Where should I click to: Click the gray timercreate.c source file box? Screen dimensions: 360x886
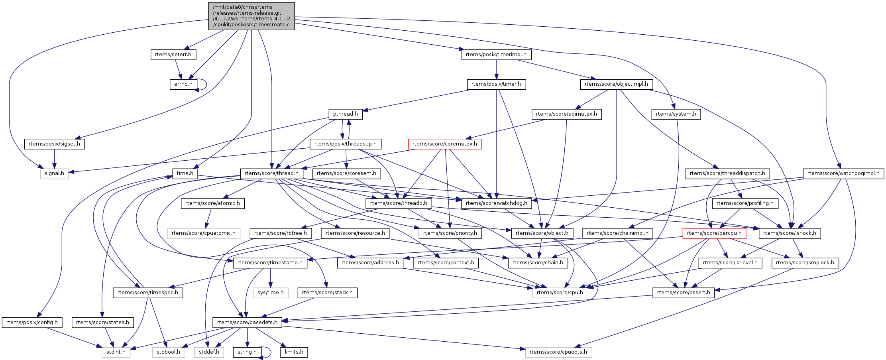(x=251, y=16)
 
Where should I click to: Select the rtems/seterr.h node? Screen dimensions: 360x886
(x=173, y=54)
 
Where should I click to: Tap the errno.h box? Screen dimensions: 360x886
(x=183, y=84)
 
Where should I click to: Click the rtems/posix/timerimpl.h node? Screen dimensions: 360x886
(x=496, y=54)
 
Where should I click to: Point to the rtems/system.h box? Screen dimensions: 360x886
(x=676, y=114)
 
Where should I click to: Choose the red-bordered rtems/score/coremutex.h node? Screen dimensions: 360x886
(x=445, y=144)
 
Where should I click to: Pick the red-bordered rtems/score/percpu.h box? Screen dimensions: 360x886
(x=714, y=233)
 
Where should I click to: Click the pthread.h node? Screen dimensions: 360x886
(x=346, y=114)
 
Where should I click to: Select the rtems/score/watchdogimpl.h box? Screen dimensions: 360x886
(x=843, y=173)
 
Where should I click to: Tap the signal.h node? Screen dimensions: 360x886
(x=54, y=173)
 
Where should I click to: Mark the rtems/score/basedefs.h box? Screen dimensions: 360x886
(x=247, y=323)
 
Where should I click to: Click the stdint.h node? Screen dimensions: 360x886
(x=116, y=352)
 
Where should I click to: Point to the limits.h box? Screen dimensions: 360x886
(x=294, y=352)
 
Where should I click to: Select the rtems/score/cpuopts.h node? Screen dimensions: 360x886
(x=558, y=352)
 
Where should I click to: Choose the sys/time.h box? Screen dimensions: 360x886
(x=271, y=293)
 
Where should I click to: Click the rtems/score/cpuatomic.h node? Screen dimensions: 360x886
(x=204, y=233)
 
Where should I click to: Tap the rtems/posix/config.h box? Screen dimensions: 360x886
(x=32, y=323)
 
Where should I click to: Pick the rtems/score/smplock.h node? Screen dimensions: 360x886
(x=805, y=263)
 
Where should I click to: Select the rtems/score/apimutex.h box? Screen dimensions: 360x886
(x=566, y=114)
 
